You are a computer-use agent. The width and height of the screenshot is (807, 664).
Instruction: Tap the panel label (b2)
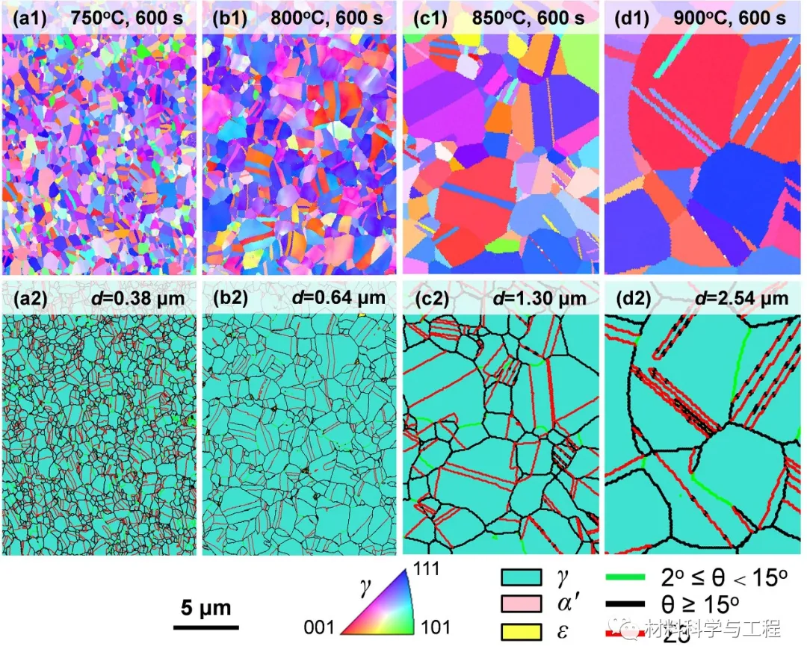tap(227, 299)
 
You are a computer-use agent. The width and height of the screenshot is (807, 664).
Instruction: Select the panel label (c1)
tap(429, 17)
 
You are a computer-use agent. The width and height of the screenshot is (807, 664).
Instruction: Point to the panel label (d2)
tap(630, 299)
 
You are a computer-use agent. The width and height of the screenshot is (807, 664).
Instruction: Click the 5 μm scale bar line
tap(206, 626)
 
